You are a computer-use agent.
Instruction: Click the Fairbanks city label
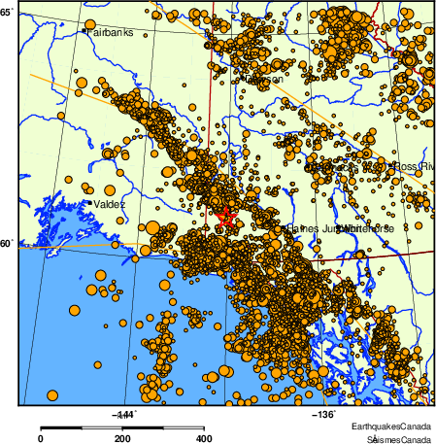pyautogui.click(x=110, y=32)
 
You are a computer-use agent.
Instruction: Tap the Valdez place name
pyautogui.click(x=110, y=205)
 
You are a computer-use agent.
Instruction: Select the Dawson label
pyautogui.click(x=265, y=80)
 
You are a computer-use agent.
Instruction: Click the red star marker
pyautogui.click(x=226, y=218)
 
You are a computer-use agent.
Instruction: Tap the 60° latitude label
pyautogui.click(x=7, y=246)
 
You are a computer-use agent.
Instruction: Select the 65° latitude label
pyautogui.click(x=7, y=12)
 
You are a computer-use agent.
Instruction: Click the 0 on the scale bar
pyautogui.click(x=40, y=439)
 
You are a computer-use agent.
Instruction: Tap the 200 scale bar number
pyautogui.click(x=122, y=439)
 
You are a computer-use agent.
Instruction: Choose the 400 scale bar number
pyautogui.click(x=205, y=439)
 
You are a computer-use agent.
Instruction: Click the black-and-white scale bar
pyautogui.click(x=122, y=427)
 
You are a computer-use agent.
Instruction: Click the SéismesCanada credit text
pyautogui.click(x=392, y=439)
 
